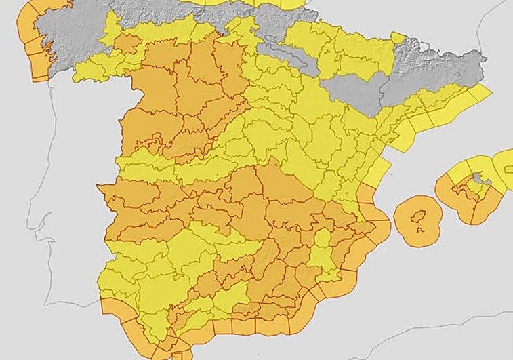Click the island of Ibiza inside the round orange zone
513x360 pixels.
[419, 216]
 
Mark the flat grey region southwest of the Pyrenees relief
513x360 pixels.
[356, 92]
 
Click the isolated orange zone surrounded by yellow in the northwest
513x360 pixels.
[126, 43]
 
